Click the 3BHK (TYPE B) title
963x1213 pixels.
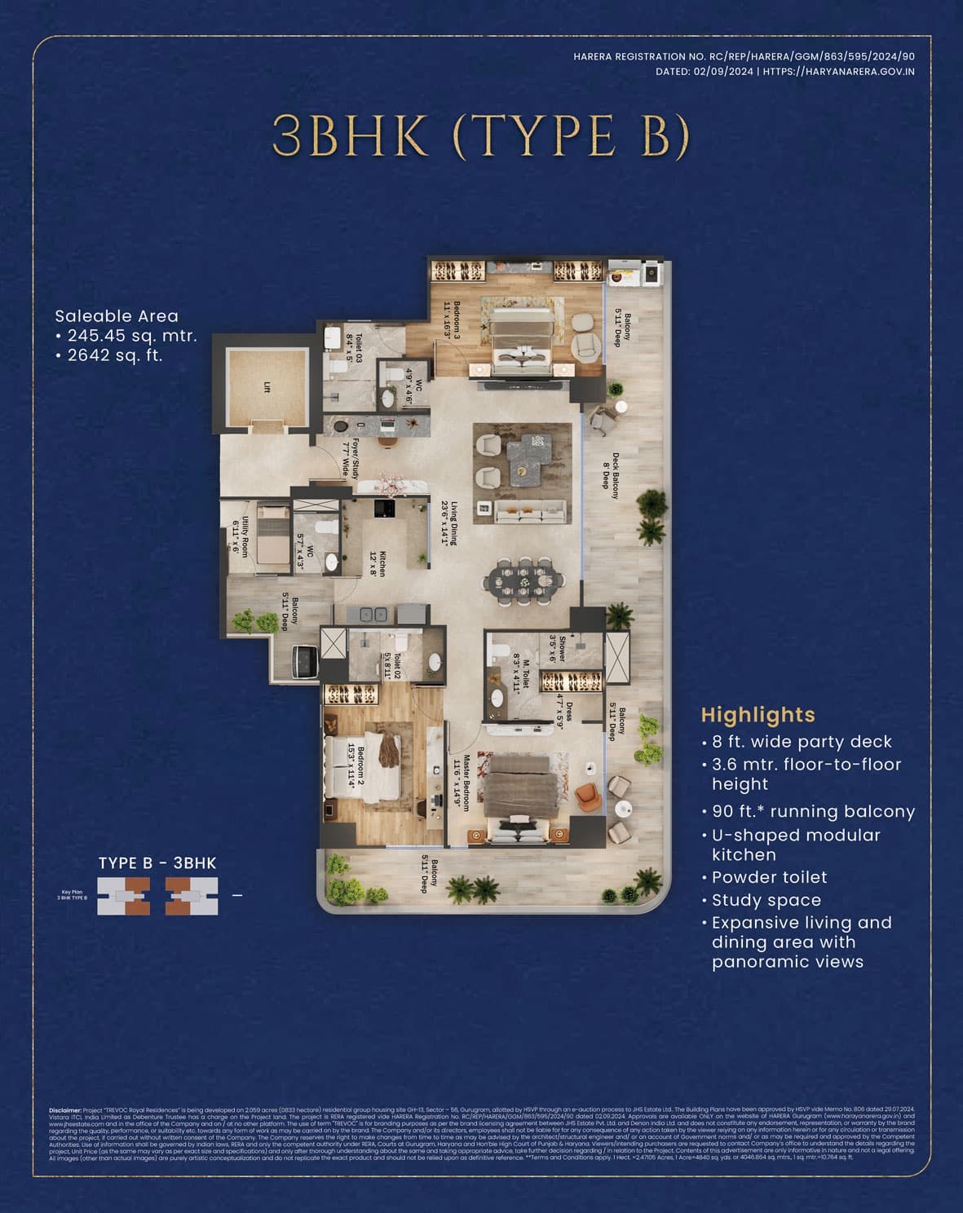tap(481, 135)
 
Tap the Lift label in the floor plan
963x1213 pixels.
tap(267, 388)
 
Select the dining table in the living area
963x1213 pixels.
tap(523, 581)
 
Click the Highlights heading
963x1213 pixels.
tap(758, 715)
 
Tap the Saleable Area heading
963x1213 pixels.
tap(117, 315)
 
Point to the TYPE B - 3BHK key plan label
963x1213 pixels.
tap(157, 863)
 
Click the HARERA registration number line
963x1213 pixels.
tap(744, 56)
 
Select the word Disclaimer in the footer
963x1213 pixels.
tap(65, 1110)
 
